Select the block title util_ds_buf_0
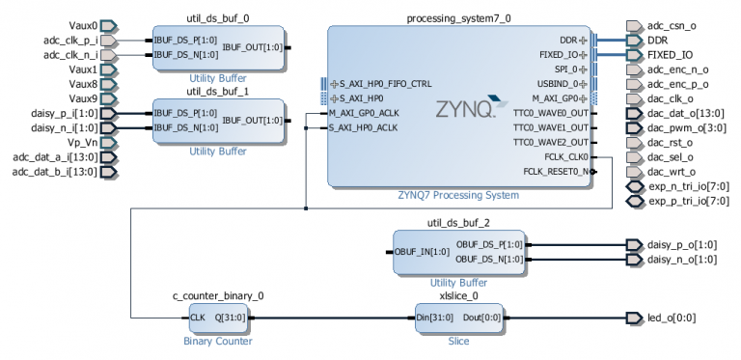click(217, 18)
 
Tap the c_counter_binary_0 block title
click(217, 295)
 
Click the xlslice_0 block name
click(458, 295)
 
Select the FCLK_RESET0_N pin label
click(553, 172)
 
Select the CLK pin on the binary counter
click(198, 318)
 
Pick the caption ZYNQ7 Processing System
click(458, 195)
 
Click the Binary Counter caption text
click(217, 340)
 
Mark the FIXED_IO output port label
click(670, 55)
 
